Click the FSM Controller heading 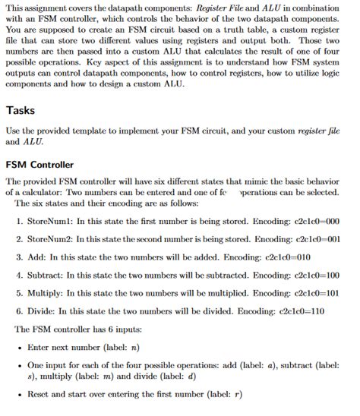40,164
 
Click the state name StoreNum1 48,221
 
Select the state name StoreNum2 48,238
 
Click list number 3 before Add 19,257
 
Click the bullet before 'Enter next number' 19,347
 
